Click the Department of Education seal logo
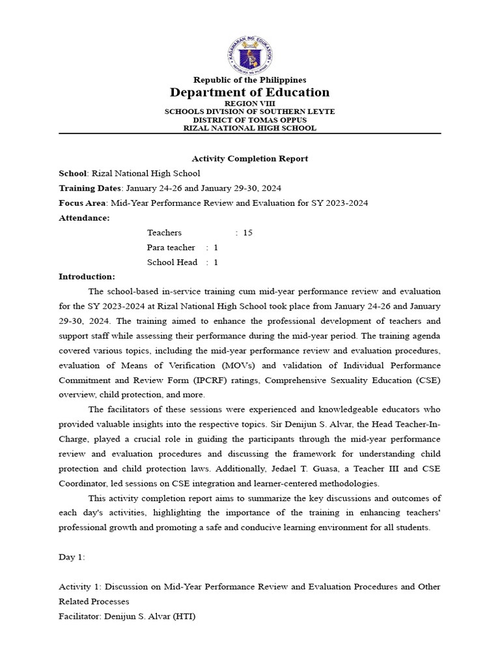click(x=250, y=55)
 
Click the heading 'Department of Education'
click(x=250, y=92)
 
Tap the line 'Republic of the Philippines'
click(x=250, y=80)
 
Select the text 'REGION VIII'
click(x=250, y=104)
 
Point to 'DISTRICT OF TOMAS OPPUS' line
click(x=250, y=120)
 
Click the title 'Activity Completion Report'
click(x=250, y=158)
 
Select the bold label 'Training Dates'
click(x=85, y=188)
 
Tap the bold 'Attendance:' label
click(x=84, y=218)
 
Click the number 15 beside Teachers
click(x=247, y=233)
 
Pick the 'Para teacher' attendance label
click(x=171, y=248)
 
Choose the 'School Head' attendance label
click(x=171, y=263)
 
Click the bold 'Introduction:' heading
click(x=87, y=277)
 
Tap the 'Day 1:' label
click(x=72, y=558)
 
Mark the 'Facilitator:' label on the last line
click(x=80, y=616)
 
